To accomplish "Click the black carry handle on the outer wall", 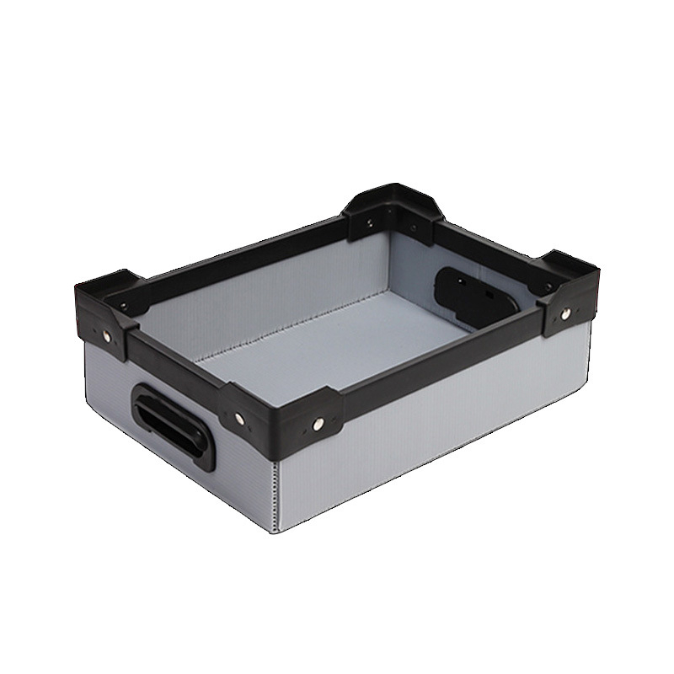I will [169, 419].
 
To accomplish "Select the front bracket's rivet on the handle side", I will [239, 418].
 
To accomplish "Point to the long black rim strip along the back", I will [244, 253].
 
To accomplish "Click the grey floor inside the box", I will [337, 337].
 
